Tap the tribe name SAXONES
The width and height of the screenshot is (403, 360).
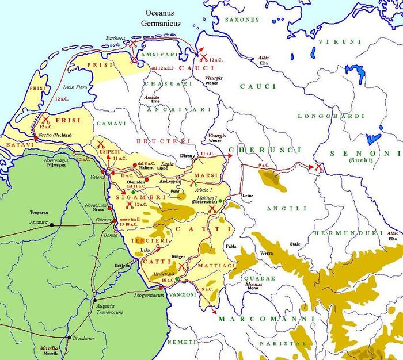click(x=242, y=19)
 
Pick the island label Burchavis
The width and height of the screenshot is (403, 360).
click(x=115, y=38)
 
